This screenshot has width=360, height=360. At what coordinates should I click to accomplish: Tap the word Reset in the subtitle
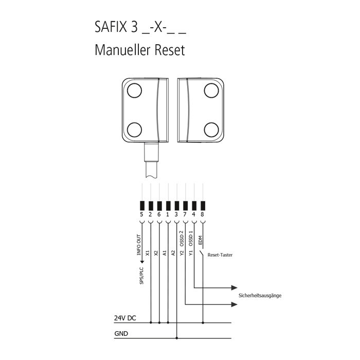(167, 51)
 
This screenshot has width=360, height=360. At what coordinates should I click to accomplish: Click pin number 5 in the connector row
(141, 214)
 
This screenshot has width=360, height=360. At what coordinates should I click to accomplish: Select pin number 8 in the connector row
(203, 214)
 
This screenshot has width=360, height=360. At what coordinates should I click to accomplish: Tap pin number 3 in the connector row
(176, 214)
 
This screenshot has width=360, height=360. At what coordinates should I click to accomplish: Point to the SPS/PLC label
(141, 277)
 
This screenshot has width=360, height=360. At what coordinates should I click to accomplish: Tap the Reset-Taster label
(220, 255)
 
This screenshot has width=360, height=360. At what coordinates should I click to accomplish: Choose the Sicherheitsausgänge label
(260, 296)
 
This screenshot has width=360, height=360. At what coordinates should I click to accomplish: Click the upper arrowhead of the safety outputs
(235, 287)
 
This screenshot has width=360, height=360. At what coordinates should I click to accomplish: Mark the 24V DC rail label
(125, 318)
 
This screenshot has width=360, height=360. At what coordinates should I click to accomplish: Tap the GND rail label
(121, 333)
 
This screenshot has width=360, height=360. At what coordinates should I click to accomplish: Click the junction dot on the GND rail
(176, 338)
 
